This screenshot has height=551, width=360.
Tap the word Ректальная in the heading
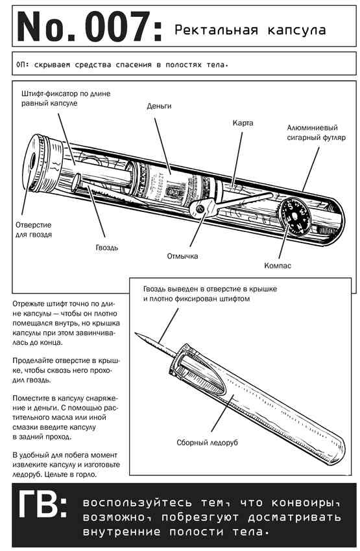point(216,30)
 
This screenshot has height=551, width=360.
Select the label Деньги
point(159,106)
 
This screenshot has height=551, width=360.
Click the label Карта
point(243,123)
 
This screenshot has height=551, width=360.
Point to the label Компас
point(278,266)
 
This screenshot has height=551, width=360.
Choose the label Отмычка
point(182,256)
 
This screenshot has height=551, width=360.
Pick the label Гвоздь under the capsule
point(107,248)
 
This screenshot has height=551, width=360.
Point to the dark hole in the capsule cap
point(33,161)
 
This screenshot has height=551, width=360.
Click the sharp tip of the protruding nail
point(136,333)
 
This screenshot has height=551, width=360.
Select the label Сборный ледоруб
point(207,442)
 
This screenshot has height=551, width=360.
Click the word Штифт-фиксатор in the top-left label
point(47,94)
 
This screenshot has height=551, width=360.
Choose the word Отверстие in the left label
point(33,225)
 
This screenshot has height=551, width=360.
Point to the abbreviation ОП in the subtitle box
point(22,65)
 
